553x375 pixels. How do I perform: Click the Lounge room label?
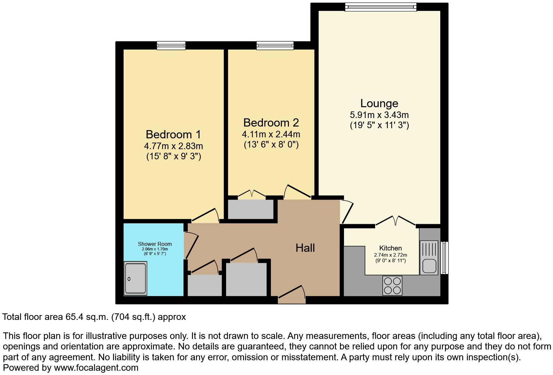click(x=379, y=104)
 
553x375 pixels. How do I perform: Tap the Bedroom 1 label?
click(x=173, y=135)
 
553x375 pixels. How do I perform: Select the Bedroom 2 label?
click(x=271, y=123)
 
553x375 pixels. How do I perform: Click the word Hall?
click(x=305, y=248)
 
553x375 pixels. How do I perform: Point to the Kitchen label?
click(x=390, y=248)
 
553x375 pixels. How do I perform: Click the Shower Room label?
click(x=155, y=244)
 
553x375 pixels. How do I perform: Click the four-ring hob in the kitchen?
click(x=392, y=286)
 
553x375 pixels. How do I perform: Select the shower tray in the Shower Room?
click(x=136, y=278)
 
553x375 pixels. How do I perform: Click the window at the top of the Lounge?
click(x=380, y=7)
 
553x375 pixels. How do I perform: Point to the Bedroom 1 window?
click(x=171, y=46)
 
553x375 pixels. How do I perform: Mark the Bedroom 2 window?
click(x=275, y=46)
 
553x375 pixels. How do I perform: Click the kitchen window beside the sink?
click(x=445, y=258)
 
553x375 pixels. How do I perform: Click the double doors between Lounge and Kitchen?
click(x=395, y=221)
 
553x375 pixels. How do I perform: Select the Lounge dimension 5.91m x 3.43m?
click(x=379, y=115)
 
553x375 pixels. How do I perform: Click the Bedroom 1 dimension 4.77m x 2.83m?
click(x=173, y=146)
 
